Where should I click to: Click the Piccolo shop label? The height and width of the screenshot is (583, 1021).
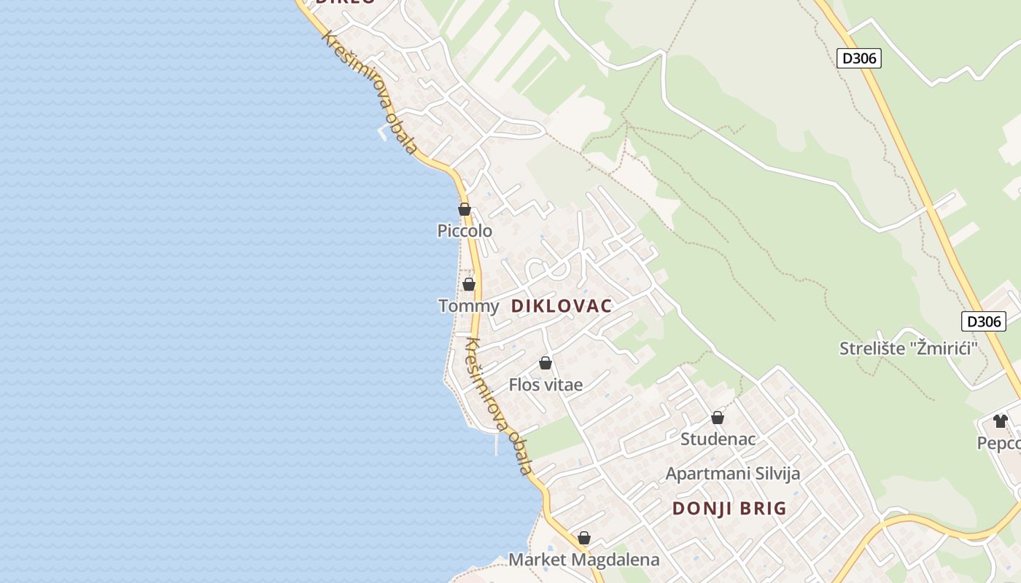click(465, 231)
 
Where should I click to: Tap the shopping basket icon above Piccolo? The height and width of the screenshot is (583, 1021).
click(465, 210)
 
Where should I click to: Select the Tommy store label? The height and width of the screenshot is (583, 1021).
click(468, 306)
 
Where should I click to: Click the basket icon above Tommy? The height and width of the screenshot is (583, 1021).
click(469, 284)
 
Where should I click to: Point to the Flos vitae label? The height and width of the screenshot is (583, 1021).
click(546, 385)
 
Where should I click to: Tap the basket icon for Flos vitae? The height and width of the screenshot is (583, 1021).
click(546, 363)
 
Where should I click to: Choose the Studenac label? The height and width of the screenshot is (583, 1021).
click(718, 439)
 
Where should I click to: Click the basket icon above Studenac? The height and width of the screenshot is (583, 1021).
click(718, 418)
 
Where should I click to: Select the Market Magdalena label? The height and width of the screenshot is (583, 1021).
click(583, 560)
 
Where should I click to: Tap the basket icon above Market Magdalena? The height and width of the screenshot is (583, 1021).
click(584, 539)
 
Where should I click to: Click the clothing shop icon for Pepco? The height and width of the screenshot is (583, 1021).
click(1000, 421)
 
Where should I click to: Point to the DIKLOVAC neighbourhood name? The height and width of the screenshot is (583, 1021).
click(562, 306)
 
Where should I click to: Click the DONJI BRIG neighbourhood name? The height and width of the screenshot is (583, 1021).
click(729, 509)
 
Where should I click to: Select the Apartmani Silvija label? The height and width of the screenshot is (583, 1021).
click(732, 474)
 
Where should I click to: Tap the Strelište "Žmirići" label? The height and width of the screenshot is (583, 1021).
click(908, 348)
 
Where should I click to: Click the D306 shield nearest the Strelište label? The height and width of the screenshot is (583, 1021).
click(983, 321)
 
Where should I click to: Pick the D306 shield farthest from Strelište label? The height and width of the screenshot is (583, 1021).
click(858, 58)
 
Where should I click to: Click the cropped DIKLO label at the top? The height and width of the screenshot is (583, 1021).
click(345, 2)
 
